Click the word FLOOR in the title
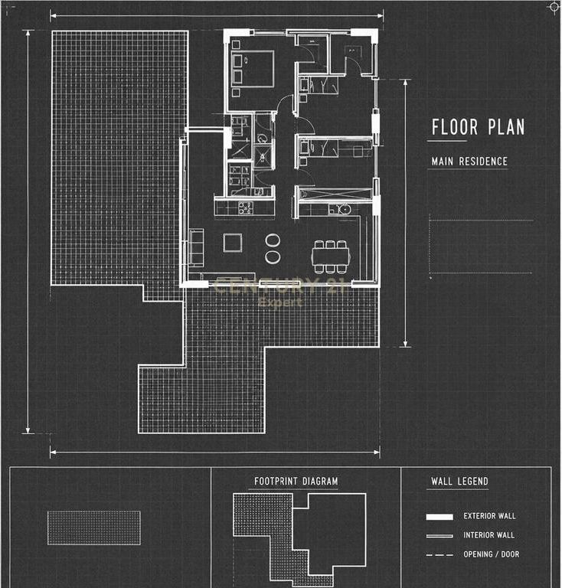tap(454, 127)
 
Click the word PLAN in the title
tap(506, 127)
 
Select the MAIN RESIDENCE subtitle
tap(469, 162)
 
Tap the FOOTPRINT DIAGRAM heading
tap(296, 481)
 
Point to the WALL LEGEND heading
tap(459, 481)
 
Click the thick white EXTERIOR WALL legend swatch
tap(439, 517)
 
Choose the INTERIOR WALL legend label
tap(488, 535)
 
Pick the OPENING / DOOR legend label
tap(491, 554)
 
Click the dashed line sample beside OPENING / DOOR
tap(439, 554)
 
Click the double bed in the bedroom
tap(253, 70)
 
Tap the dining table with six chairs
tap(330, 257)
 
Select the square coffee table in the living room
tap(233, 243)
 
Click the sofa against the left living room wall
tap(196, 247)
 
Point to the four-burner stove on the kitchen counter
tap(245, 207)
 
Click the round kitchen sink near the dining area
tap(345, 209)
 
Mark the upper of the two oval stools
tap(272, 240)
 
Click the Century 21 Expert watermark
tap(279, 292)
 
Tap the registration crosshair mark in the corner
tap(554, 7)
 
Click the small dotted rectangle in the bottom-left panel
tap(94, 528)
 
